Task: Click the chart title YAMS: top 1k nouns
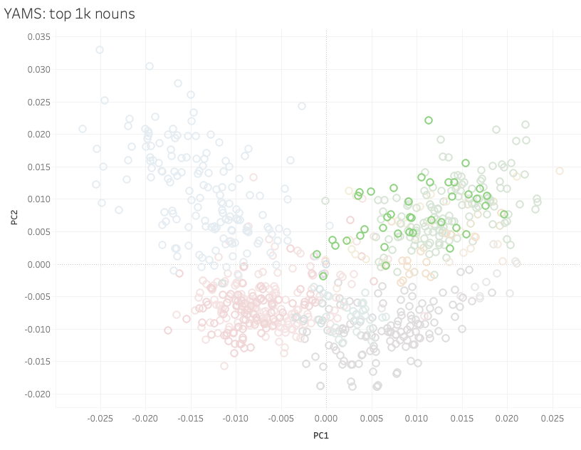(69, 14)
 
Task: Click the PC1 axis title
(320, 435)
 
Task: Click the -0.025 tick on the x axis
(100, 418)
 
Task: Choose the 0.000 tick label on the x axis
(326, 418)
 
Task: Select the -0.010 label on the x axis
(235, 418)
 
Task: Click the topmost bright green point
(429, 120)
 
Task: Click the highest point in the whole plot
(100, 50)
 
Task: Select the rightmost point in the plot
(560, 171)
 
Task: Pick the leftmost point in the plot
(83, 129)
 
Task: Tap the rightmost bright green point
(504, 214)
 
